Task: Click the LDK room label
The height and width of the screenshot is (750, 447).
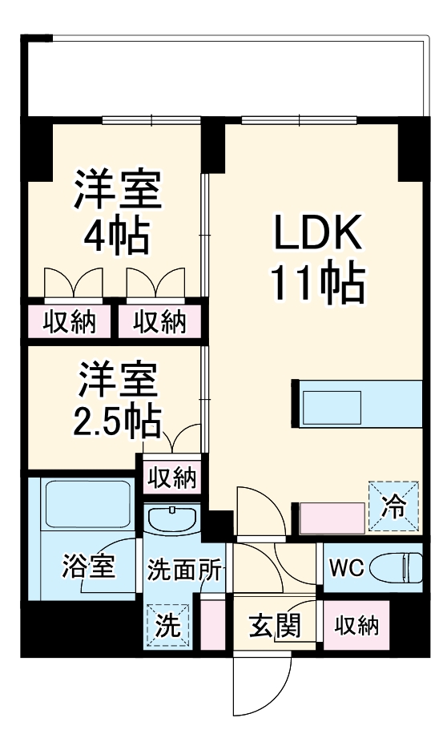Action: coord(319,233)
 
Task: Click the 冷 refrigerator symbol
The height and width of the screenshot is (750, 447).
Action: coord(393,507)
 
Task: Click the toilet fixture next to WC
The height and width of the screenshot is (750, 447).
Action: coord(401,568)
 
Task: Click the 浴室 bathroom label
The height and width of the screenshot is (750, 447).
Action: coord(87,568)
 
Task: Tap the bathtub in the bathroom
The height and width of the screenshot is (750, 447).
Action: coord(88,505)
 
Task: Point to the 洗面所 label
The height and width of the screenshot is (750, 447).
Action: coord(183,569)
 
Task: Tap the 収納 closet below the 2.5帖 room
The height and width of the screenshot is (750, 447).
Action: coord(171,478)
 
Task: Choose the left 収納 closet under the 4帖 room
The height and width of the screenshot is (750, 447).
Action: coord(70,322)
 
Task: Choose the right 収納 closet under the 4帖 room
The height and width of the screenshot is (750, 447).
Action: coord(159,322)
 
